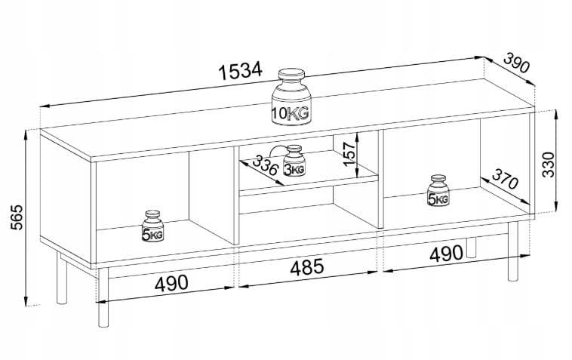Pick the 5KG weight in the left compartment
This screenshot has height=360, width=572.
155,226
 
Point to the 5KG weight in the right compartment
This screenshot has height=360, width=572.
438,192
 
